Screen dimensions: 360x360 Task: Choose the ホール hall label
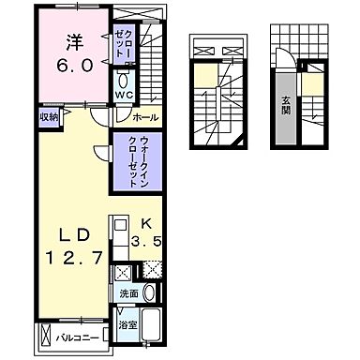click(145, 117)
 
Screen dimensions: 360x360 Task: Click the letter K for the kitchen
click(146, 224)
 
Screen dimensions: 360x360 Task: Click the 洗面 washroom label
click(129, 293)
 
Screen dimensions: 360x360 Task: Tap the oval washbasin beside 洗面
click(149, 293)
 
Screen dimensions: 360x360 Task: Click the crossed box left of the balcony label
click(43, 334)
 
